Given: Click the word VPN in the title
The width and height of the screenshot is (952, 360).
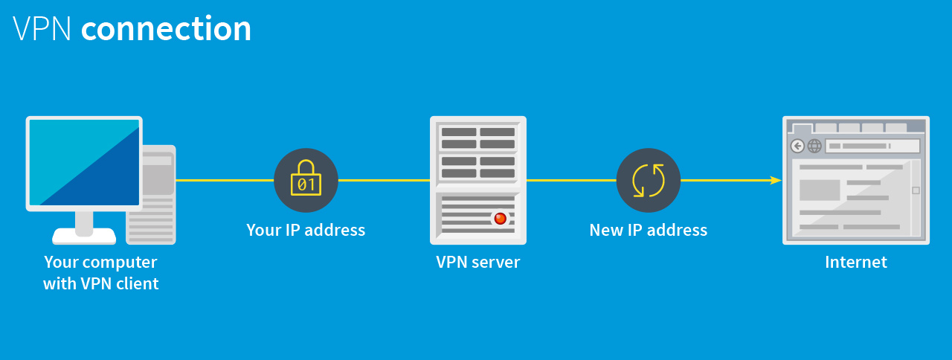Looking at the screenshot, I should [x=42, y=29].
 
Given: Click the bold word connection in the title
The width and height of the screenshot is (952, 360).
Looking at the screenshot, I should [x=166, y=29].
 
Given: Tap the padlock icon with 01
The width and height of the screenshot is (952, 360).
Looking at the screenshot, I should [x=306, y=179].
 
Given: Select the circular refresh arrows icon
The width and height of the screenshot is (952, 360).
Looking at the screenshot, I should [x=648, y=180].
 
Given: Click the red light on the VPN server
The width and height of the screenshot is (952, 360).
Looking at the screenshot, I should [x=500, y=218].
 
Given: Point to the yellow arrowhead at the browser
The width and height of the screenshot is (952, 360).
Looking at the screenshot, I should [x=775, y=180].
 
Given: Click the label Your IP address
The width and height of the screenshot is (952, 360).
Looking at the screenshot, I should [x=306, y=230].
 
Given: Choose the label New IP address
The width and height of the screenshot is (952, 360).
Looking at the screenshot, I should [x=648, y=230].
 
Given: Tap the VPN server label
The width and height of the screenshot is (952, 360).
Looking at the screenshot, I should [x=477, y=262].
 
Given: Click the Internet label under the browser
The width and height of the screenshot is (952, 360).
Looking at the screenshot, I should [x=855, y=262].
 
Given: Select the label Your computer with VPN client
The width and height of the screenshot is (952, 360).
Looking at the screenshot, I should [x=100, y=272].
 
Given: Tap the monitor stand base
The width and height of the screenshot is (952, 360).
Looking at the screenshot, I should [x=84, y=237].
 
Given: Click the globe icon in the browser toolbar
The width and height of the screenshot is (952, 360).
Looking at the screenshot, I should [x=814, y=146].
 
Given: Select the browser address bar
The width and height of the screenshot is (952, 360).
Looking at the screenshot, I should [x=872, y=146].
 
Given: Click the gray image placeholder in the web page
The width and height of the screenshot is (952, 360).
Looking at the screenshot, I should [x=819, y=190].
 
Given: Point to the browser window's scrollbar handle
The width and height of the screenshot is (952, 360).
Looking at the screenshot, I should [x=916, y=190].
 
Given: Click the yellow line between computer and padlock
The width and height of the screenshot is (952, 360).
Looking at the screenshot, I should [x=223, y=180].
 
